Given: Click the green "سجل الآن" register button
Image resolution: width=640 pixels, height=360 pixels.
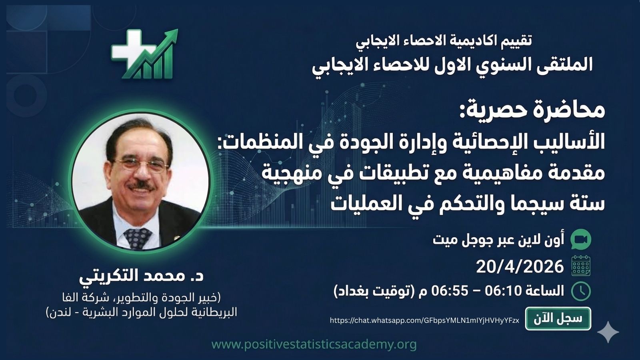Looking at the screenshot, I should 558,318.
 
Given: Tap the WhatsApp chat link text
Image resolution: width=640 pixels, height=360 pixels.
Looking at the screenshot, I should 424,320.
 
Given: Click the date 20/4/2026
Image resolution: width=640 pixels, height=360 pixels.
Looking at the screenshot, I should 520,266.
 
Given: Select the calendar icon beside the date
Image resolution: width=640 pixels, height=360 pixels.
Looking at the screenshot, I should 581,266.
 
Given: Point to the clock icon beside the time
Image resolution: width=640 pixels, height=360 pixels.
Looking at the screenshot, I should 581,291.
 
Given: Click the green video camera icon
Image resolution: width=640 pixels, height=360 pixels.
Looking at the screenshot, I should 580,240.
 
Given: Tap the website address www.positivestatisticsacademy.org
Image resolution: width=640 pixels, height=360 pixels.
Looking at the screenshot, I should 314,344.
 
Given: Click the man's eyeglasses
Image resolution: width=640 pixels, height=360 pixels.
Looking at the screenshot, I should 141,164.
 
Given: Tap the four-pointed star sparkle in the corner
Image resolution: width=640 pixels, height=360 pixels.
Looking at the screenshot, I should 608,332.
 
